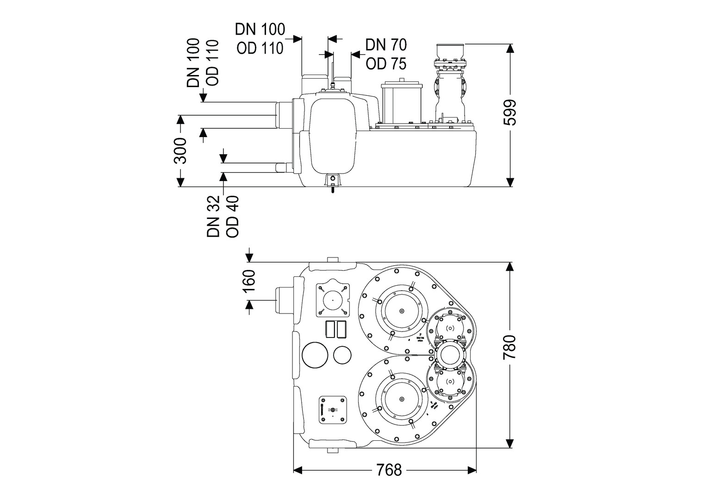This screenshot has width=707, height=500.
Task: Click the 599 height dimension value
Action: pyautogui.click(x=509, y=113)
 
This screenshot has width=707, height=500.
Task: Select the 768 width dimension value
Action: pyautogui.click(x=389, y=470)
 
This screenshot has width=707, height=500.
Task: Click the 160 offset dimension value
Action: pyautogui.click(x=249, y=281)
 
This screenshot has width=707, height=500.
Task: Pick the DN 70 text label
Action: pyautogui.click(x=386, y=45)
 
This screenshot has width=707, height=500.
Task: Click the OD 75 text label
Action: pyautogui.click(x=386, y=64)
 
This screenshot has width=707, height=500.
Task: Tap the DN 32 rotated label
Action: pyautogui.click(x=213, y=220)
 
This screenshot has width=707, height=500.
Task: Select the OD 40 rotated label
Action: pyautogui.click(x=232, y=220)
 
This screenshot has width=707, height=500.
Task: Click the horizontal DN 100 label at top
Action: pyautogui.click(x=260, y=29)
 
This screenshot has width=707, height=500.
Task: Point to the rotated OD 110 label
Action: pyautogui.click(x=211, y=62)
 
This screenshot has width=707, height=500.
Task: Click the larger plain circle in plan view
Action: pyautogui.click(x=314, y=355)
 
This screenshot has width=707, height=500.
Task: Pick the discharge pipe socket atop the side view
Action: pyautogui.click(x=449, y=50)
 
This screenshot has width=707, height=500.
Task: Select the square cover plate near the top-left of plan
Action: pyautogui.click(x=332, y=300)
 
